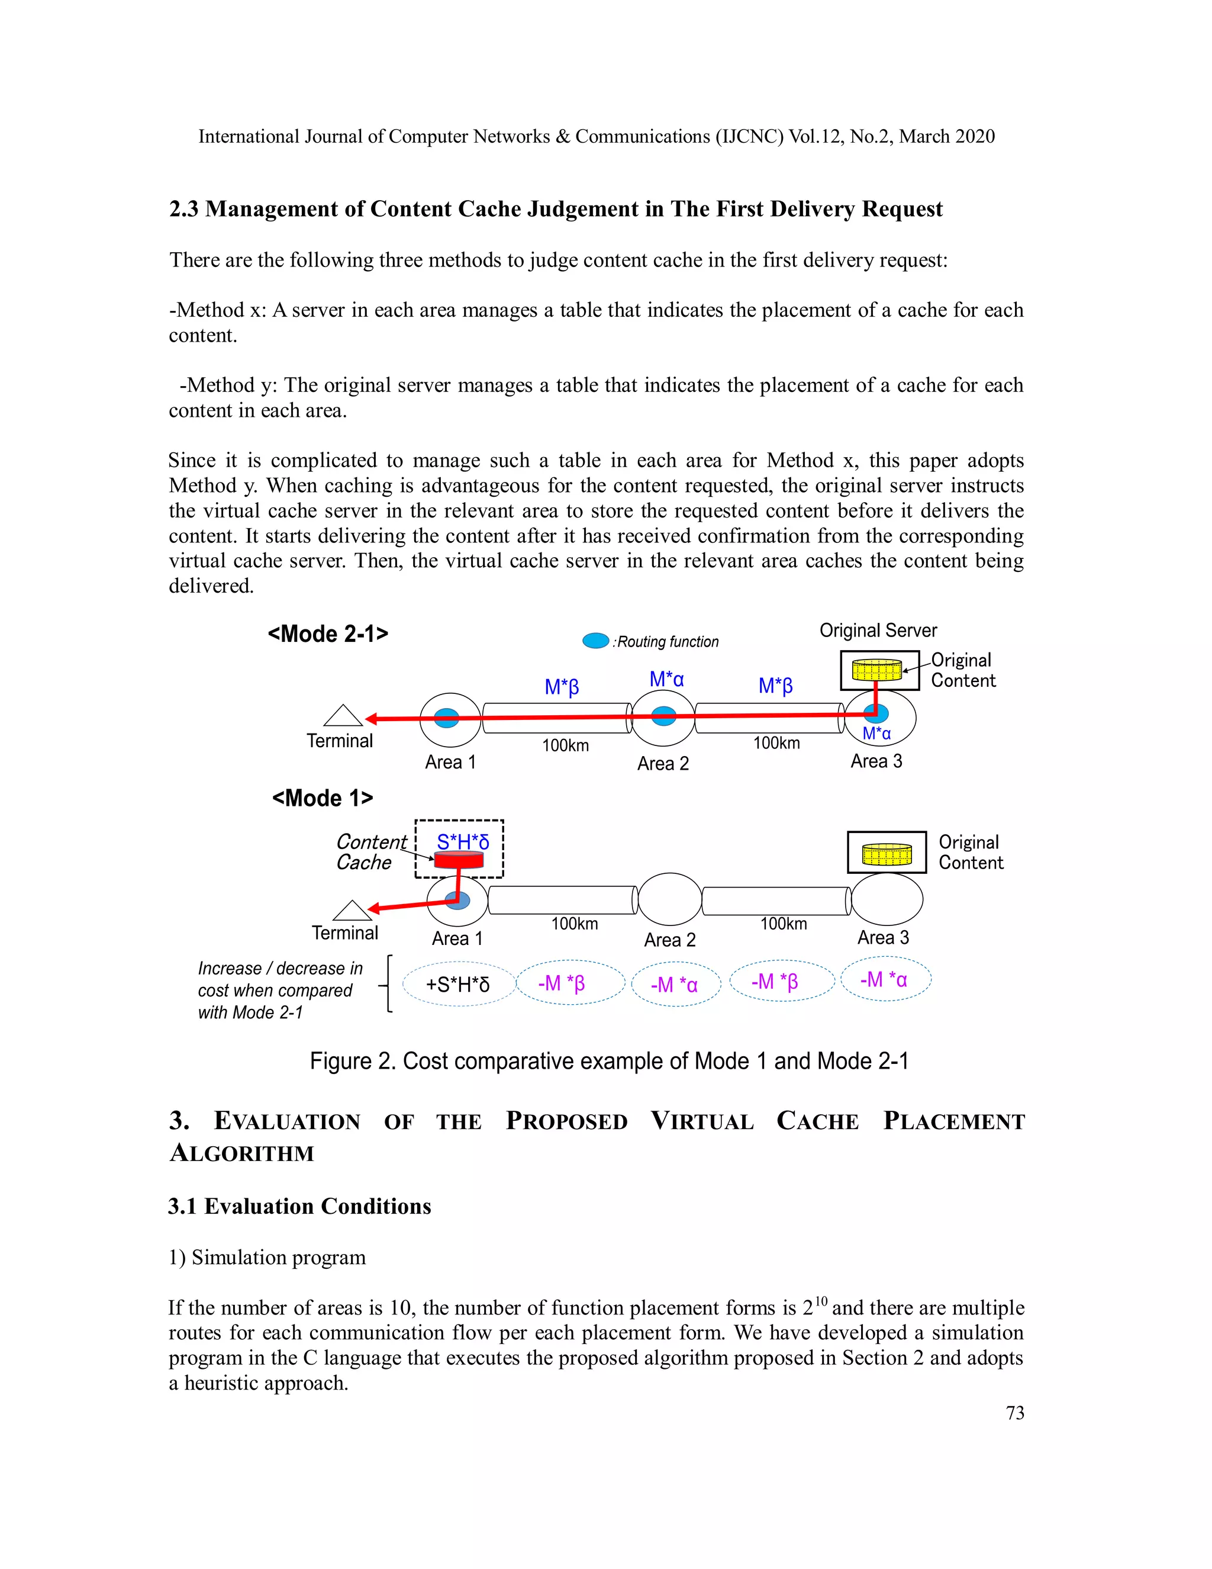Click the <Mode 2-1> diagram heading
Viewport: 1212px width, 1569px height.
[x=327, y=634]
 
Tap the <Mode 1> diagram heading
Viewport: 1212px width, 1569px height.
[x=323, y=798]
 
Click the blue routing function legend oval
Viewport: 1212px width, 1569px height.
[x=595, y=640]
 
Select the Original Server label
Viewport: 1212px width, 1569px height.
[x=878, y=630]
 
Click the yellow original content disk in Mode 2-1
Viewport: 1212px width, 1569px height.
[x=876, y=670]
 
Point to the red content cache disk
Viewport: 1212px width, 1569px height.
[x=458, y=859]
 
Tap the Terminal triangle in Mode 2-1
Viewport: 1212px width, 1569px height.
[x=343, y=716]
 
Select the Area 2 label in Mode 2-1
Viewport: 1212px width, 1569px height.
[x=662, y=763]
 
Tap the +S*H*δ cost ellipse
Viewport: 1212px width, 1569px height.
[x=458, y=984]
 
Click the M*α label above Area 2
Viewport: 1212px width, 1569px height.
[x=666, y=679]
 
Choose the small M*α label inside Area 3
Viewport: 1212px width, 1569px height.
[x=876, y=734]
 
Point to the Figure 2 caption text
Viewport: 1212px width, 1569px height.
[x=609, y=1061]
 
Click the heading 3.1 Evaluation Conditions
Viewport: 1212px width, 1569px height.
[x=299, y=1206]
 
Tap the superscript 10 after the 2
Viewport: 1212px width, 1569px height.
[x=821, y=1300]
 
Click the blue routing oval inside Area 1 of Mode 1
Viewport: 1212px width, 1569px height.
[x=458, y=900]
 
